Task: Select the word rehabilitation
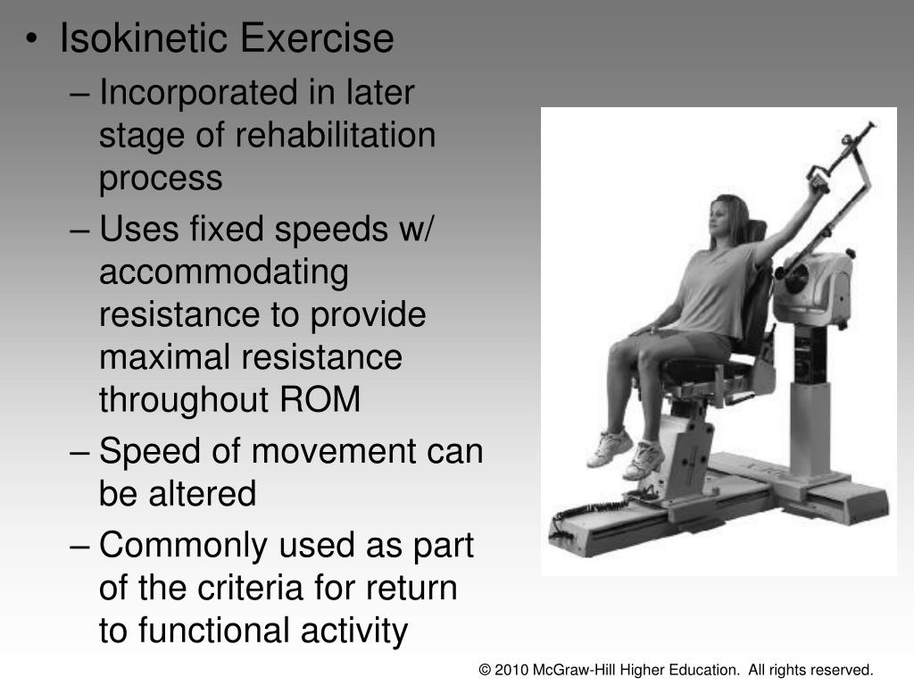point(335,136)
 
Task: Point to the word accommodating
point(223,273)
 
